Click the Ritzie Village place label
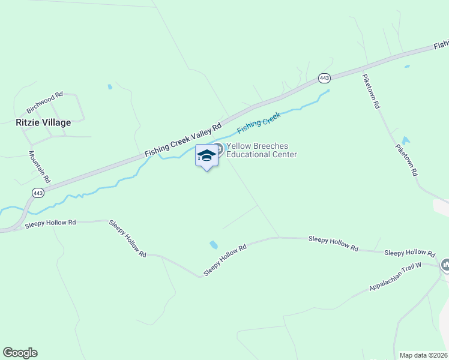coord(43,122)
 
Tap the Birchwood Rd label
coord(45,103)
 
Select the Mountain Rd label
coord(40,167)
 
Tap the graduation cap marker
coord(206,156)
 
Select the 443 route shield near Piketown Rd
coord(324,78)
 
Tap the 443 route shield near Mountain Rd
coord(38,193)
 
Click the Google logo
coord(20,353)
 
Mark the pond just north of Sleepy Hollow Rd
coord(213,245)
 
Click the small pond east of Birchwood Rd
coord(110,87)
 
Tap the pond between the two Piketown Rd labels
coord(406,142)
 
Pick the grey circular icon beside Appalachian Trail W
coord(445,265)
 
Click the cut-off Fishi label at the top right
coord(441,44)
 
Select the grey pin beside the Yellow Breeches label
coord(220,148)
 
